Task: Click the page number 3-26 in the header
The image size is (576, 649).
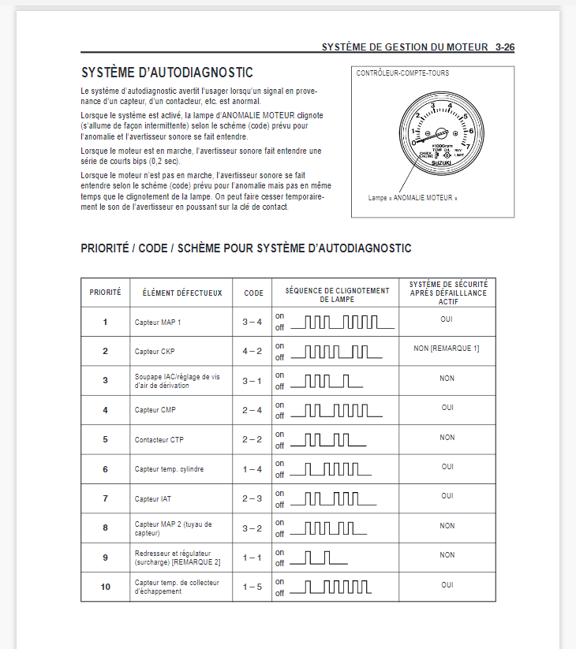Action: coord(505,47)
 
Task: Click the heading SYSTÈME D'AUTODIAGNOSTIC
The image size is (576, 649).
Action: coord(166,73)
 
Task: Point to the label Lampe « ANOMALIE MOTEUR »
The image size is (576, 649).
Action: coord(413,198)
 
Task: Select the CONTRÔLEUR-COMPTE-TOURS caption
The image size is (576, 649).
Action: coord(403,73)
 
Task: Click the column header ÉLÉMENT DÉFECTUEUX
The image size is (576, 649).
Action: coord(182,293)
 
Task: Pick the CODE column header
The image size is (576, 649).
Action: coord(253,293)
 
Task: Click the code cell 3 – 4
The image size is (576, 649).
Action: coord(252,323)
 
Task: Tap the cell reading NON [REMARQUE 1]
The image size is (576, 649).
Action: coord(447,349)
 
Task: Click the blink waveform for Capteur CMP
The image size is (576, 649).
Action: coord(337,410)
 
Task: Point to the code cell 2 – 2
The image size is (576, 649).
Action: coord(252,439)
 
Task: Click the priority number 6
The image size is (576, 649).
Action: coord(105,469)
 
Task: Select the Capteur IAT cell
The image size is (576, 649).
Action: coord(152,498)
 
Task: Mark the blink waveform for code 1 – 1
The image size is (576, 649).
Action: coord(320,558)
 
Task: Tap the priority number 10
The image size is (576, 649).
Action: coord(105,587)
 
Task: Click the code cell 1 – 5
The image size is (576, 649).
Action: coord(252,587)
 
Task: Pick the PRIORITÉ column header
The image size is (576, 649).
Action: coord(105,293)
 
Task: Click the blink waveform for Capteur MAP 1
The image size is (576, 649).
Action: coord(342,322)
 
